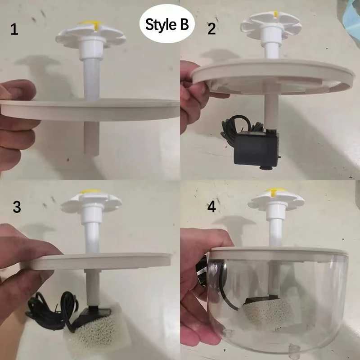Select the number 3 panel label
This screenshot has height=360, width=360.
click(17, 207)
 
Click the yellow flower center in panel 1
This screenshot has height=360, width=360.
click(90, 23)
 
